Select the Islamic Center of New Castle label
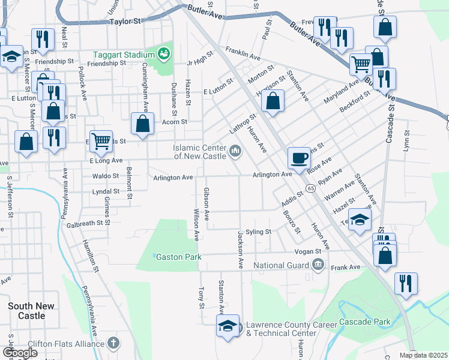pos(199,152)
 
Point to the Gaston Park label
pos(178,257)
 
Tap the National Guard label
pos(281,265)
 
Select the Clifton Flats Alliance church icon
pos(114,344)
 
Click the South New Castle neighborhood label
pos(31,311)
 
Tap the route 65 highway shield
pos(310,188)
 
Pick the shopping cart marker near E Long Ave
pos(101,142)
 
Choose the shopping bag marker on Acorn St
pos(143,124)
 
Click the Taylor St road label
pos(125,20)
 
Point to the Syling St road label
pos(259,232)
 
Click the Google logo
pos(20,353)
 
